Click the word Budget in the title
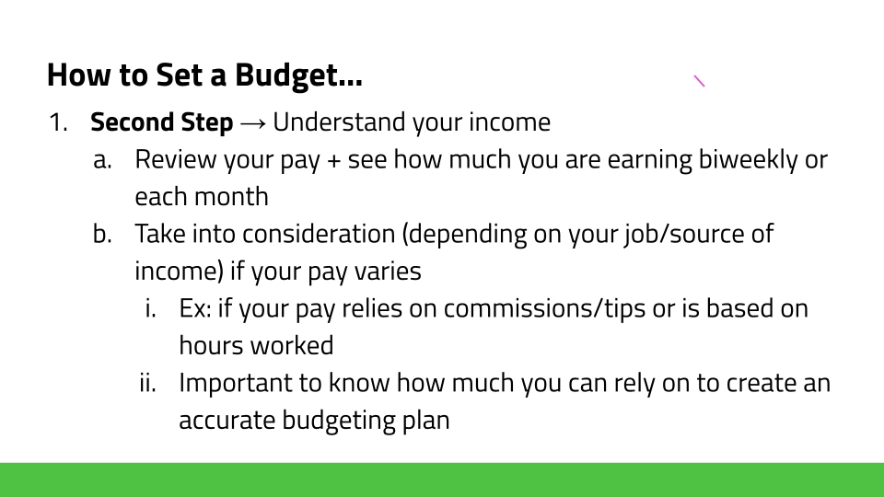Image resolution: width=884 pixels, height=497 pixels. coord(298,75)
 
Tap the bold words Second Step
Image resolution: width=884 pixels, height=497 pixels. coord(162,122)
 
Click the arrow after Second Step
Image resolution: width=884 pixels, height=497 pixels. coord(252,123)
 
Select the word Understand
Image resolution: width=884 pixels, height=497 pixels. coord(339,122)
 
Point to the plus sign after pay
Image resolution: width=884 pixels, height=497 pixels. coord(333,161)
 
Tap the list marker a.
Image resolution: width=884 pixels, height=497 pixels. coord(102,160)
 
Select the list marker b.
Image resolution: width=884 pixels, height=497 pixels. coord(102,233)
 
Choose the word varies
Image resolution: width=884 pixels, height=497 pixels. coord(388,272)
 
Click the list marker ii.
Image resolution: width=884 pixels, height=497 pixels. coord(147,383)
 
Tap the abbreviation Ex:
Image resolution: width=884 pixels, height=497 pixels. coord(195,309)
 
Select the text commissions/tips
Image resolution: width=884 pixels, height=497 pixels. coord(544,309)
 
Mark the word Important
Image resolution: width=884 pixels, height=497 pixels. coord(236,384)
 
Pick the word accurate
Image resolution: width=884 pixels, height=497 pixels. coord(227,421)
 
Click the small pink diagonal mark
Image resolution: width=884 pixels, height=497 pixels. coord(699,81)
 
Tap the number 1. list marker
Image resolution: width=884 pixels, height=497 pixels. coord(58,122)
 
